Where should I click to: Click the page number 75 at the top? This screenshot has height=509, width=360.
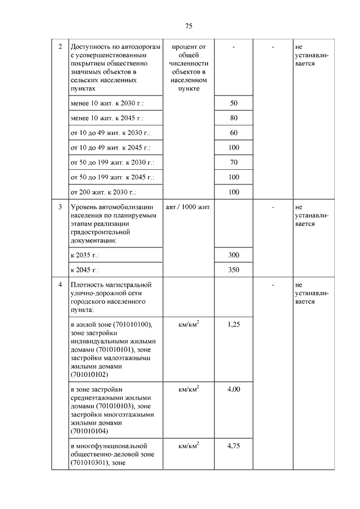pos(189,26)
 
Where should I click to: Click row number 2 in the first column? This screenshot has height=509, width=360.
pos(60,46)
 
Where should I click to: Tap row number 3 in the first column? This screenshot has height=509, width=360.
pos(60,207)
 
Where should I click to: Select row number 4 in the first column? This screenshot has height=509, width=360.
pos(60,285)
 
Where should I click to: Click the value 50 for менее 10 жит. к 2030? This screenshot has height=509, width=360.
pos(234,103)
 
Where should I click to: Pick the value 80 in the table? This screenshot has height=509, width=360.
pos(234,118)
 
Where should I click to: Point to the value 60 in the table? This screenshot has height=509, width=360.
pos(234,133)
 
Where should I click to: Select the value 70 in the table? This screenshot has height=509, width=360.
pos(234,163)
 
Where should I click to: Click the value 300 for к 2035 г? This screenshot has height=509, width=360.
pos(234,255)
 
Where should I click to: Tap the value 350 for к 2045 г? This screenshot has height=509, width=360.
pos(234,269)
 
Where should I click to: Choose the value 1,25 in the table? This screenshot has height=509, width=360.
pos(234,325)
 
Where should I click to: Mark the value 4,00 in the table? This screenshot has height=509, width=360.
pos(234,389)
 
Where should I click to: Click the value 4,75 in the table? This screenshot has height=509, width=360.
pos(234,445)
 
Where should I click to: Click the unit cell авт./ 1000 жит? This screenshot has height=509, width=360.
pos(188,207)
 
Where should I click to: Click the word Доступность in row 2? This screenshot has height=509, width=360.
pos(89,46)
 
